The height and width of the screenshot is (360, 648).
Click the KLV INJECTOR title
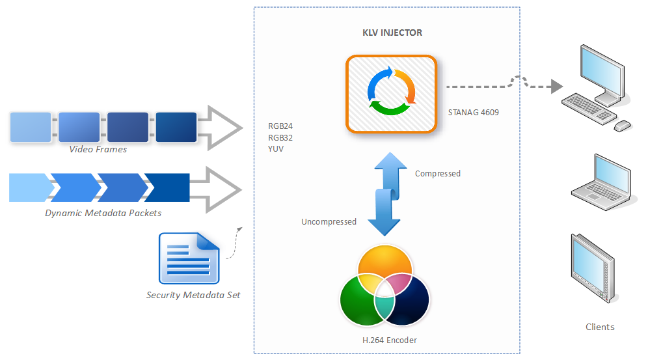click(392, 33)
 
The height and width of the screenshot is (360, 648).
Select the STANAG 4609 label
click(474, 112)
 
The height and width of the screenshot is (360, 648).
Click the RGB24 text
click(280, 126)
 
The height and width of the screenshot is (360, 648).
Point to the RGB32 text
click(280, 137)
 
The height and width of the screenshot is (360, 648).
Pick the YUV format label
click(276, 148)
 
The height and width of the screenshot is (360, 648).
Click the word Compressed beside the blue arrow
click(437, 174)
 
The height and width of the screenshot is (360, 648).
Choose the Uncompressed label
click(329, 222)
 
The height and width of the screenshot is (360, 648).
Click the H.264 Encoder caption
click(390, 340)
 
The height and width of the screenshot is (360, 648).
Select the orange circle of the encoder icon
click(385, 267)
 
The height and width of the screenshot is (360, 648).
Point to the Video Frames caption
click(98, 150)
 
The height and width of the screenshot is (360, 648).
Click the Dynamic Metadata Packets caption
click(103, 213)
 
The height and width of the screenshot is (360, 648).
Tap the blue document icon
click(189, 258)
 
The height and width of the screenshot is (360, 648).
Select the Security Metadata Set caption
click(193, 295)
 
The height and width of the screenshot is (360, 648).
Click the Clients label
click(600, 327)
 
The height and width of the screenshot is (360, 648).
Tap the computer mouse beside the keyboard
click(622, 125)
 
